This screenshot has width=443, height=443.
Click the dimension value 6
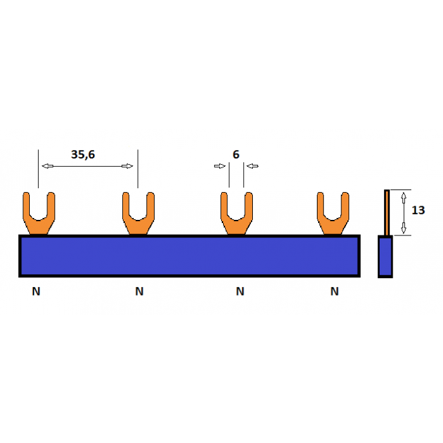pyautogui.click(x=236, y=155)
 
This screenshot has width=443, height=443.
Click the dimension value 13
pyautogui.click(x=418, y=210)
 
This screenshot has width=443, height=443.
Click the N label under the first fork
pyautogui.click(x=36, y=292)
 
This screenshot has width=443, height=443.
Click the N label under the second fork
pyautogui.click(x=139, y=292)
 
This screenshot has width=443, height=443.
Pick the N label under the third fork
pyautogui.click(x=240, y=292)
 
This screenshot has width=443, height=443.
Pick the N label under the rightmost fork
pyautogui.click(x=334, y=292)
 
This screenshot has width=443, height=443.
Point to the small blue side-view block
pyautogui.click(x=385, y=257)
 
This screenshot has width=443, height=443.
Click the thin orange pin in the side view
pyautogui.click(x=387, y=212)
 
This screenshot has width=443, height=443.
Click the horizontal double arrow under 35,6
pyautogui.click(x=87, y=166)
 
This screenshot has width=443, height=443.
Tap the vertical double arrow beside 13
pyautogui.click(x=404, y=212)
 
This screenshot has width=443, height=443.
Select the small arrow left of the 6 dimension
pyautogui.click(x=219, y=166)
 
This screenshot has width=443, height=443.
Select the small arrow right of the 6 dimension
pyautogui.click(x=252, y=166)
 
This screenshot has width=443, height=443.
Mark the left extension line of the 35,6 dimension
pyautogui.click(x=39, y=168)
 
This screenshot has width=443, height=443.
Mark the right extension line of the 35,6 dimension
pyautogui.click(x=138, y=168)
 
